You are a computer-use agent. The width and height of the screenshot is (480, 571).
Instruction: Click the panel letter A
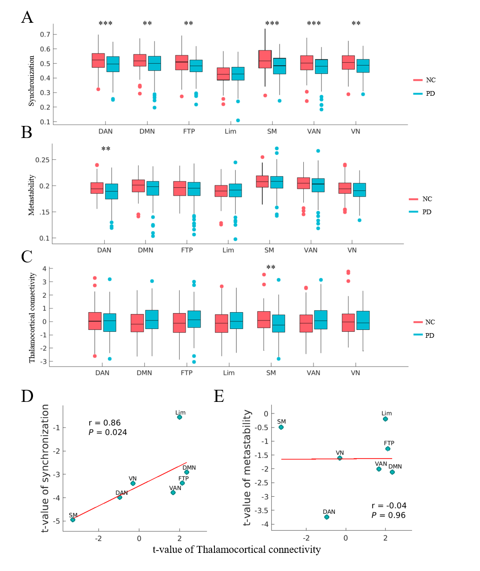pos(27,18)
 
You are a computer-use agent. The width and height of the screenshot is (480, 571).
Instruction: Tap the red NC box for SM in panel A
pos(265,59)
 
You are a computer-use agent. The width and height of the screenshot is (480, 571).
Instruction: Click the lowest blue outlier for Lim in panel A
pos(238,120)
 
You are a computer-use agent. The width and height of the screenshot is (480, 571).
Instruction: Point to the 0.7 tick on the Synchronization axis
pos(45,34)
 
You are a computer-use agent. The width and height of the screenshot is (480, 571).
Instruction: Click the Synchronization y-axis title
pos(32,81)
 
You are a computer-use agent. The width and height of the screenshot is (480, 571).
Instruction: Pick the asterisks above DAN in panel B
pos(106,149)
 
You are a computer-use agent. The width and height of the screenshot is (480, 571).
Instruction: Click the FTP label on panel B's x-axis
pos(187,250)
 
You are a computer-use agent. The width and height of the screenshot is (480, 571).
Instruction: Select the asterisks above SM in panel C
pos(271,268)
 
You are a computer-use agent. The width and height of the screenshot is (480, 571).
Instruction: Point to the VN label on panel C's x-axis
pos(355,373)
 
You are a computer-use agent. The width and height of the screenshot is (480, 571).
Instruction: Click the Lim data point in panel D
pos(180,417)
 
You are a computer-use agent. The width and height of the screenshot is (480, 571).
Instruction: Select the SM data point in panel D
pos(73,519)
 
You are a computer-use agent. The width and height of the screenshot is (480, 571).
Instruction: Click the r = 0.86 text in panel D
pos(105,423)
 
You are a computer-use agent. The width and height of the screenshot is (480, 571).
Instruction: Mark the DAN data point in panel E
pos(327,517)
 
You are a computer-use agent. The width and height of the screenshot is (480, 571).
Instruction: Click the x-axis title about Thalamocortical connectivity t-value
pos(237,550)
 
